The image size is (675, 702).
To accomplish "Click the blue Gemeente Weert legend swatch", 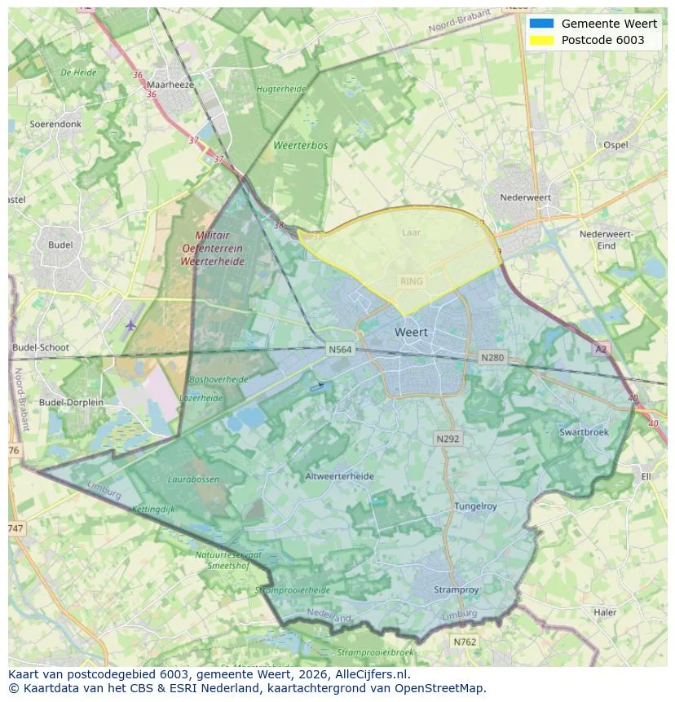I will [x=541, y=24].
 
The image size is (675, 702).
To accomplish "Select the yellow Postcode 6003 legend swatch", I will [x=541, y=40].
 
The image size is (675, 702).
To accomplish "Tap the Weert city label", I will [x=411, y=333].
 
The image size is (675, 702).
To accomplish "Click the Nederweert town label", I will [x=525, y=197].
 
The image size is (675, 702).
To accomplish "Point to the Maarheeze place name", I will [x=169, y=84].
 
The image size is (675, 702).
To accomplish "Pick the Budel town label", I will [x=60, y=245].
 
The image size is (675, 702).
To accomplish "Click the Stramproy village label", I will [x=457, y=589].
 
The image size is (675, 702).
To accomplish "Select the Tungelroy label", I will [x=475, y=506].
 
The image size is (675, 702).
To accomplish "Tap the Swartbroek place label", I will [x=584, y=432].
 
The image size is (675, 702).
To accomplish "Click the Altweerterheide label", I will [x=339, y=476].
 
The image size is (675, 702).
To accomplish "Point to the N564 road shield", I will [x=340, y=350].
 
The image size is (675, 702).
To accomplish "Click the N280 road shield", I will [x=492, y=357].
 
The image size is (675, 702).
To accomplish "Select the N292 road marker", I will [x=448, y=439].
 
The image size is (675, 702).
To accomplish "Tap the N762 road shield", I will [x=465, y=642].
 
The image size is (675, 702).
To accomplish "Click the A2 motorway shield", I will [x=601, y=349].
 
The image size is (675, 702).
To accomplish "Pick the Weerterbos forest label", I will [x=300, y=146].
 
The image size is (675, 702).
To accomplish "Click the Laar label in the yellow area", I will [x=412, y=232].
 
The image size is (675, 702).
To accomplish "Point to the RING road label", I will [x=412, y=281].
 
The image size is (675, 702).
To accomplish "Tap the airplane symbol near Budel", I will [x=131, y=325].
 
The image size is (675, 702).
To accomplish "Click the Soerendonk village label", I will [x=55, y=125].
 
